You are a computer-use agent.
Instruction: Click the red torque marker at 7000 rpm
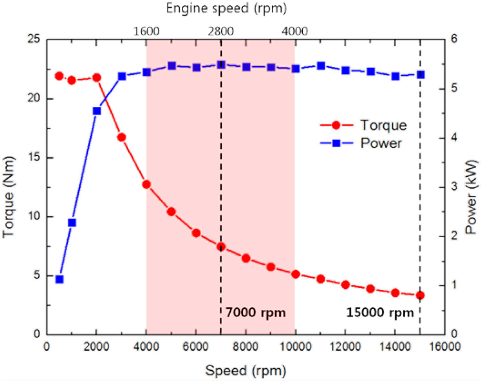point(221,247)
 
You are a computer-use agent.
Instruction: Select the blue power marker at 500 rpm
point(59,280)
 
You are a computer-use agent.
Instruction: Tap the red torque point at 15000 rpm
point(420,295)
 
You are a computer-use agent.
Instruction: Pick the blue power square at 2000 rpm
point(97,111)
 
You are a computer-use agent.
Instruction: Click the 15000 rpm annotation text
point(380,312)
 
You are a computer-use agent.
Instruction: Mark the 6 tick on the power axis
point(454,40)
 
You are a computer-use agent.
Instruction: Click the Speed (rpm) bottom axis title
point(245,369)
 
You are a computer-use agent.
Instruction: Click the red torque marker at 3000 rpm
point(122,137)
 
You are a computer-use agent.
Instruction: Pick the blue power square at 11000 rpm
point(321,66)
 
